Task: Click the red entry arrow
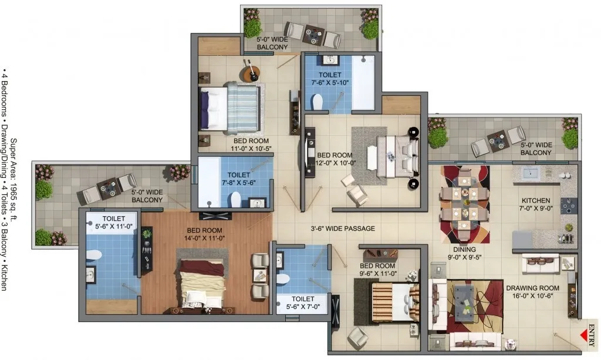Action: click(x=584, y=337)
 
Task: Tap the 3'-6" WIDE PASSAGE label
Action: click(x=343, y=228)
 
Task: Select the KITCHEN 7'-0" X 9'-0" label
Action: click(x=536, y=204)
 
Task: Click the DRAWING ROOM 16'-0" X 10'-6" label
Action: click(x=532, y=292)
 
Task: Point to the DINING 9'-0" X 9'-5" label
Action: click(x=465, y=253)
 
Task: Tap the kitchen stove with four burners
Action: click(x=569, y=206)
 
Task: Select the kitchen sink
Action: click(x=531, y=173)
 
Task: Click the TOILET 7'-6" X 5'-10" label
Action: click(x=330, y=79)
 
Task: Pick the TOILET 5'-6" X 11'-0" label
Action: click(x=114, y=223)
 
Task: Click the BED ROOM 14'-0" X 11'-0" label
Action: click(x=204, y=234)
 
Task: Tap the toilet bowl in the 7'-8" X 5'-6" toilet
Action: click(x=236, y=200)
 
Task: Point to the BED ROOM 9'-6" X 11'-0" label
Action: click(x=377, y=270)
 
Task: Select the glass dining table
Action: click(x=465, y=203)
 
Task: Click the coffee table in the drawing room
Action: click(x=465, y=299)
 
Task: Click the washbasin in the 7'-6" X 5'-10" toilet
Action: click(x=330, y=60)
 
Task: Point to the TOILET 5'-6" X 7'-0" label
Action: click(x=303, y=302)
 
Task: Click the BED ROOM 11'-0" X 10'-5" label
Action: click(x=251, y=144)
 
